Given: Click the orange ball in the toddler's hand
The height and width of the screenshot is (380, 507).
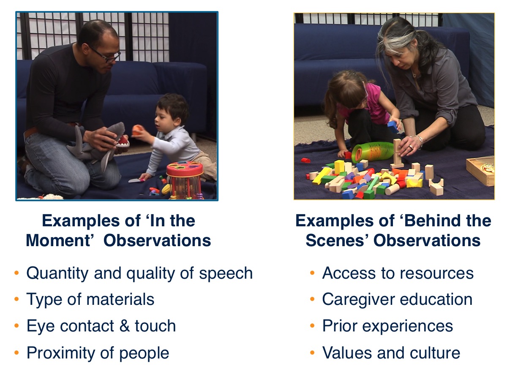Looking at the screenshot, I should tap(137, 130).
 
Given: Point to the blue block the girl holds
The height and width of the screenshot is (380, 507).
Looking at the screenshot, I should tap(393, 126).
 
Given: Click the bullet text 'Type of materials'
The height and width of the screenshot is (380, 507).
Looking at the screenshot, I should tap(90, 299).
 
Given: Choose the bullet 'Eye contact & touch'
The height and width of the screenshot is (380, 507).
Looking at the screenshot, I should tap(101, 326).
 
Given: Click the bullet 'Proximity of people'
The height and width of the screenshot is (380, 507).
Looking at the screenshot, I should tap(98, 353).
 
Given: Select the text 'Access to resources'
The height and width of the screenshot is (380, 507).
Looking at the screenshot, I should tap(398, 273).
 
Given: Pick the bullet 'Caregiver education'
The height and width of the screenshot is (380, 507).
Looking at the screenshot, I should tap(397, 299).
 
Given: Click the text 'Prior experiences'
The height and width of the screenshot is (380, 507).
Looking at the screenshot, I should tap(387, 326).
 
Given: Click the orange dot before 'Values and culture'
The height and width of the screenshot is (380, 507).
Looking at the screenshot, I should tap(312, 353).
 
